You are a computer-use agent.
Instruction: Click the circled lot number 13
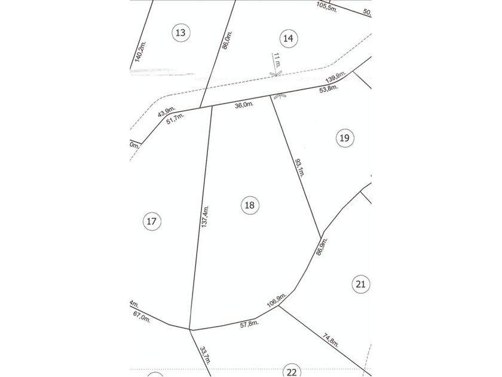180,32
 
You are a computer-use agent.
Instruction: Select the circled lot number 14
288,38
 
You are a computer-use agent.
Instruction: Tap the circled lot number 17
152,222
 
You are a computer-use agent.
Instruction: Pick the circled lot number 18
250,205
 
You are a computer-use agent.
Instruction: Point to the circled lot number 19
344,138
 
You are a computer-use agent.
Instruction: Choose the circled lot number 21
360,284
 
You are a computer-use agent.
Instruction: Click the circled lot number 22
292,372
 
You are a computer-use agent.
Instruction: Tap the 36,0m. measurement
244,105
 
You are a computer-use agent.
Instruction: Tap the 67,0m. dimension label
143,317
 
